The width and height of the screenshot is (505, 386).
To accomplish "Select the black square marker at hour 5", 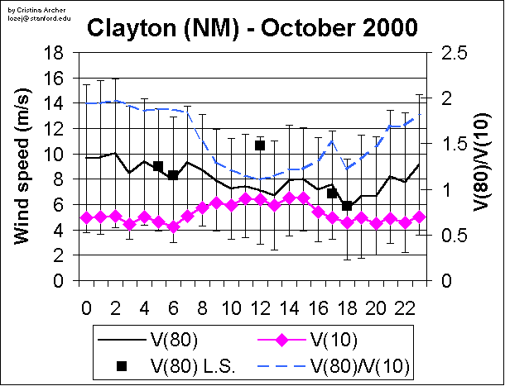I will (158, 166).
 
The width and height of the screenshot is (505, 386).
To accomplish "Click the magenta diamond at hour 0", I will (86, 217).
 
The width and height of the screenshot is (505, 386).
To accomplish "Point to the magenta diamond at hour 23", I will (419, 217).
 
